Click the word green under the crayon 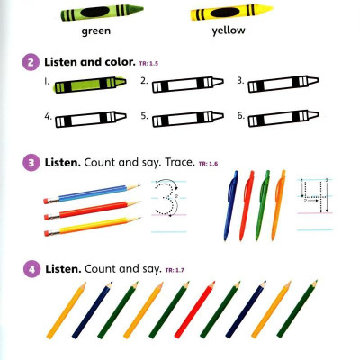tap(96, 31)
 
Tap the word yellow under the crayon tap(229, 31)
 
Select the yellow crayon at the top tap(231, 13)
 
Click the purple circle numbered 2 tap(31, 63)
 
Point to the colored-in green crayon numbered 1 tap(90, 85)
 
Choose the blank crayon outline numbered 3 tap(283, 84)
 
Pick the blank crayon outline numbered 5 tap(188, 119)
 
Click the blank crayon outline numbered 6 tap(283, 119)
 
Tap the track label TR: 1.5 tap(148, 64)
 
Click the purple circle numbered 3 tap(31, 163)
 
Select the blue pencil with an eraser tap(92, 193)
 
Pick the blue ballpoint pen tap(230, 205)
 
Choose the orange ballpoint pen tap(279, 205)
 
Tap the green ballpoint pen tap(263, 205)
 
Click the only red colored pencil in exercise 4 tap(194, 310)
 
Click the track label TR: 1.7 tap(175, 271)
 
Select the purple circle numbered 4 tap(31, 269)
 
